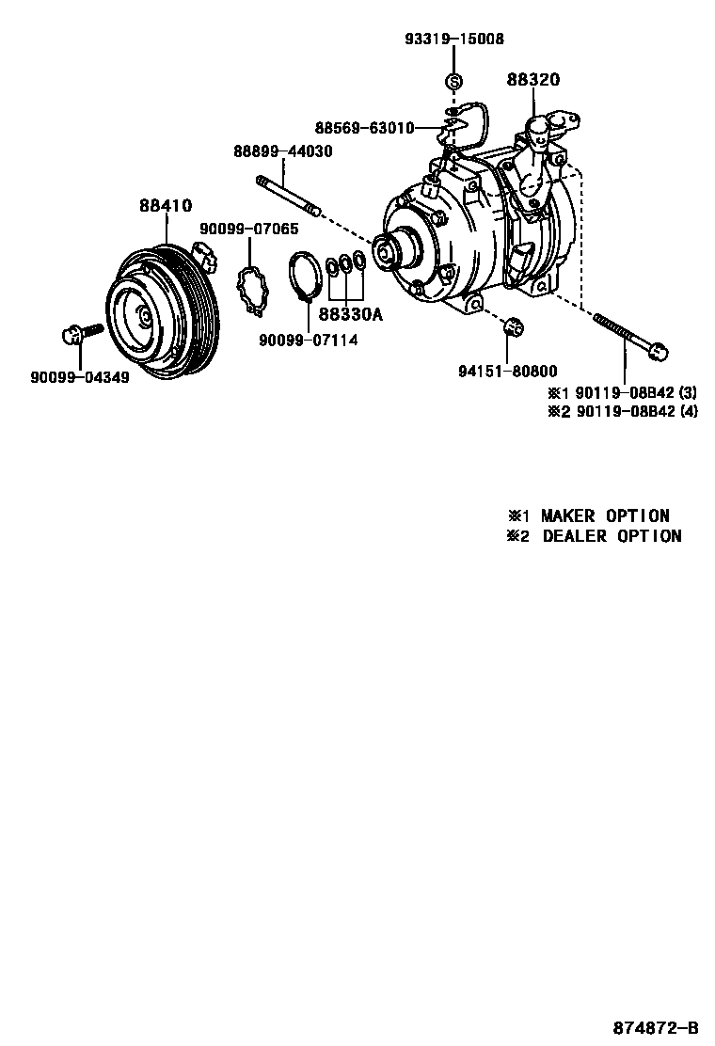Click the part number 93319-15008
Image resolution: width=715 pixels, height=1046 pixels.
click(454, 40)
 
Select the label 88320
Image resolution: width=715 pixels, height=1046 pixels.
click(532, 81)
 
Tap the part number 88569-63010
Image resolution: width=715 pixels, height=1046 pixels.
click(364, 128)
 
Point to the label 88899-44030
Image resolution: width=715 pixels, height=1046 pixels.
click(282, 151)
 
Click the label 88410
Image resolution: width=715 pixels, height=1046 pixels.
click(166, 205)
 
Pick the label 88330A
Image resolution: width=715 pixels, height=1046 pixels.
click(350, 315)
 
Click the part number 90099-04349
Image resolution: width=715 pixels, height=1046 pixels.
click(80, 377)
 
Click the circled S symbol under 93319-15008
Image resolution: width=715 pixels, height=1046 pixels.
click(453, 82)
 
